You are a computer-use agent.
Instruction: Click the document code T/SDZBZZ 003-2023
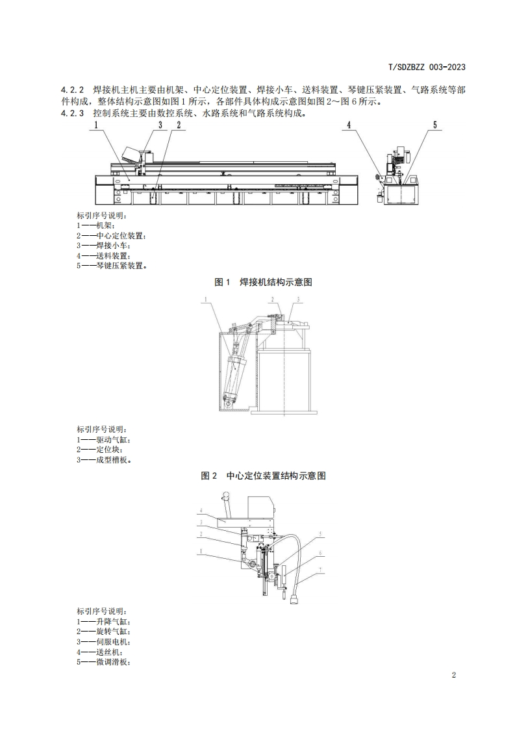pos(427,67)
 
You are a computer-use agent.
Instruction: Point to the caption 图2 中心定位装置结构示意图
pos(264,476)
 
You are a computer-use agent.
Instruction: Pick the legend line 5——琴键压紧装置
pos(111,265)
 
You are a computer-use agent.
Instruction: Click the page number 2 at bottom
pos(453,675)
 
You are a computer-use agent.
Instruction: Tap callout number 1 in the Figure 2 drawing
pos(205,300)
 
